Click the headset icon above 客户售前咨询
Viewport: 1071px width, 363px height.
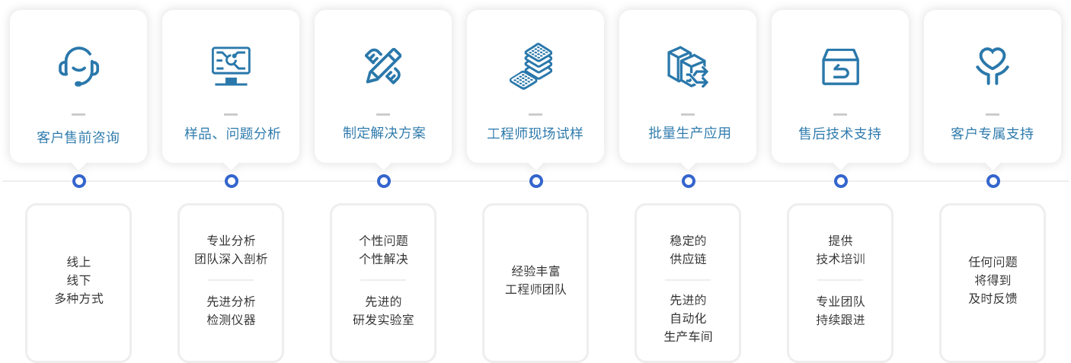click(x=78, y=67)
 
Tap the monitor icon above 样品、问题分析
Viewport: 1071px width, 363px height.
click(x=231, y=66)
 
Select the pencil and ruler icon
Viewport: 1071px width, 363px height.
click(x=383, y=66)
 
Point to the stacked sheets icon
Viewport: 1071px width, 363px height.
click(x=532, y=66)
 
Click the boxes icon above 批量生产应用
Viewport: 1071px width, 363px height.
click(x=687, y=67)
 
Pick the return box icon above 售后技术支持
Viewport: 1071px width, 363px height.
click(x=840, y=67)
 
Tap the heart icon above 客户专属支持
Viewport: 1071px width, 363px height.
click(x=993, y=66)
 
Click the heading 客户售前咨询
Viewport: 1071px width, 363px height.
click(x=78, y=138)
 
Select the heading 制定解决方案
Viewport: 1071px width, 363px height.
click(x=383, y=133)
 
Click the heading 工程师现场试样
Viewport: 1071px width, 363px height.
click(x=535, y=134)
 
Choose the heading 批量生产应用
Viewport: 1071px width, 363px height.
click(x=688, y=133)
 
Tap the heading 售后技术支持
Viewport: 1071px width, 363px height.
click(x=840, y=134)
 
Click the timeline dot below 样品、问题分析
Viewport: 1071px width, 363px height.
click(x=232, y=181)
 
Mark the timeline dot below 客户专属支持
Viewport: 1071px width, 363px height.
click(x=993, y=181)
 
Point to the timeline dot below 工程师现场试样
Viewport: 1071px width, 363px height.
click(x=536, y=181)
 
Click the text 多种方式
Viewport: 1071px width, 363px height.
click(x=78, y=298)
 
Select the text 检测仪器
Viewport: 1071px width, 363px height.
click(x=231, y=319)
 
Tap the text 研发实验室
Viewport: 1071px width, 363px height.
click(x=383, y=319)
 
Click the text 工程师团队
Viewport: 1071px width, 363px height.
click(x=535, y=288)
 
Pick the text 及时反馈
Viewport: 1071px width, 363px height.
click(x=993, y=298)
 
